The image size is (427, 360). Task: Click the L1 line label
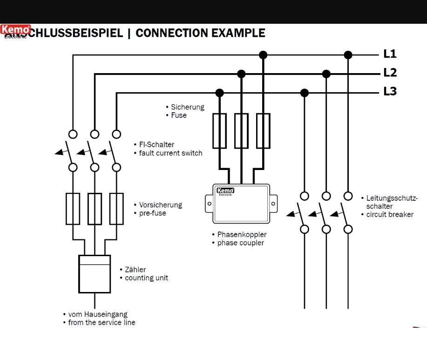tap(390, 54)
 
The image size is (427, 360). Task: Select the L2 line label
tap(390, 73)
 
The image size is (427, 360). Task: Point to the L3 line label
tap(390, 92)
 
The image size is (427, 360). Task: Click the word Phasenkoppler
tap(242, 234)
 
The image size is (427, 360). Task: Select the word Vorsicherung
tap(161, 205)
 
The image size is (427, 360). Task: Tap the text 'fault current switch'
tap(170, 153)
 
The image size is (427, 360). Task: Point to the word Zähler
tap(135, 270)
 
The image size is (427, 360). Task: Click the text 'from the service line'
tap(102, 322)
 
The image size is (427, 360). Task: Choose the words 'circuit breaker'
tap(390, 215)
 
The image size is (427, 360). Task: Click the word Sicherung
tap(187, 107)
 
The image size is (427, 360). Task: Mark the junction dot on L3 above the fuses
tap(220, 93)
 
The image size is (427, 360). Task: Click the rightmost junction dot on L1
tap(348, 55)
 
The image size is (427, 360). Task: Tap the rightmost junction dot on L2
tap(326, 74)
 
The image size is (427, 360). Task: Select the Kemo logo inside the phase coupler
tap(225, 190)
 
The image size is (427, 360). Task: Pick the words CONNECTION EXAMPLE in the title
tap(200, 33)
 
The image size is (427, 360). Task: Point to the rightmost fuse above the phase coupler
tap(263, 131)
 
